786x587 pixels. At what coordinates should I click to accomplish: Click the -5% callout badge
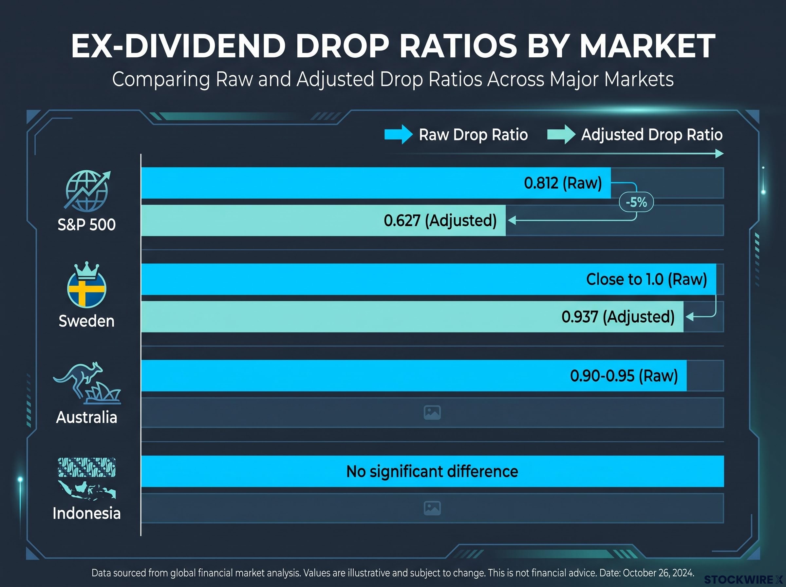coord(636,202)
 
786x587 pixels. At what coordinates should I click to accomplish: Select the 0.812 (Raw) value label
coord(563,183)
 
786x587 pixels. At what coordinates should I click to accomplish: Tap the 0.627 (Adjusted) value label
coord(440,221)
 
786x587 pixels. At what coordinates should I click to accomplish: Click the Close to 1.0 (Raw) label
coord(646,279)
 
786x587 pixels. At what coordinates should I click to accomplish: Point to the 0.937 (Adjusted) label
coord(618,317)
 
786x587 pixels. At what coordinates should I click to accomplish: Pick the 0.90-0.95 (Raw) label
coord(624,376)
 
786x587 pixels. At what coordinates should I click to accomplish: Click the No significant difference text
coord(432,471)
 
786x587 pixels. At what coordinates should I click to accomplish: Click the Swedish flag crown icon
coord(87,285)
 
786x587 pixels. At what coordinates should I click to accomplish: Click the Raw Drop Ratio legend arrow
coord(399,135)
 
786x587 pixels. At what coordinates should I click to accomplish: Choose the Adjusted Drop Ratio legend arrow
coord(561,135)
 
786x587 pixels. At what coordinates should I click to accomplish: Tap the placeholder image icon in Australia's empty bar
coord(432,412)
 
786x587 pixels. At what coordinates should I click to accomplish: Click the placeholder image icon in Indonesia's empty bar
coord(432,508)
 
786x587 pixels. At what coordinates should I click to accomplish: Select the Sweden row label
coord(87,321)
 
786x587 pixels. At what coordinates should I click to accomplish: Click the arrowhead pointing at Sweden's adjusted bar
coord(689,317)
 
